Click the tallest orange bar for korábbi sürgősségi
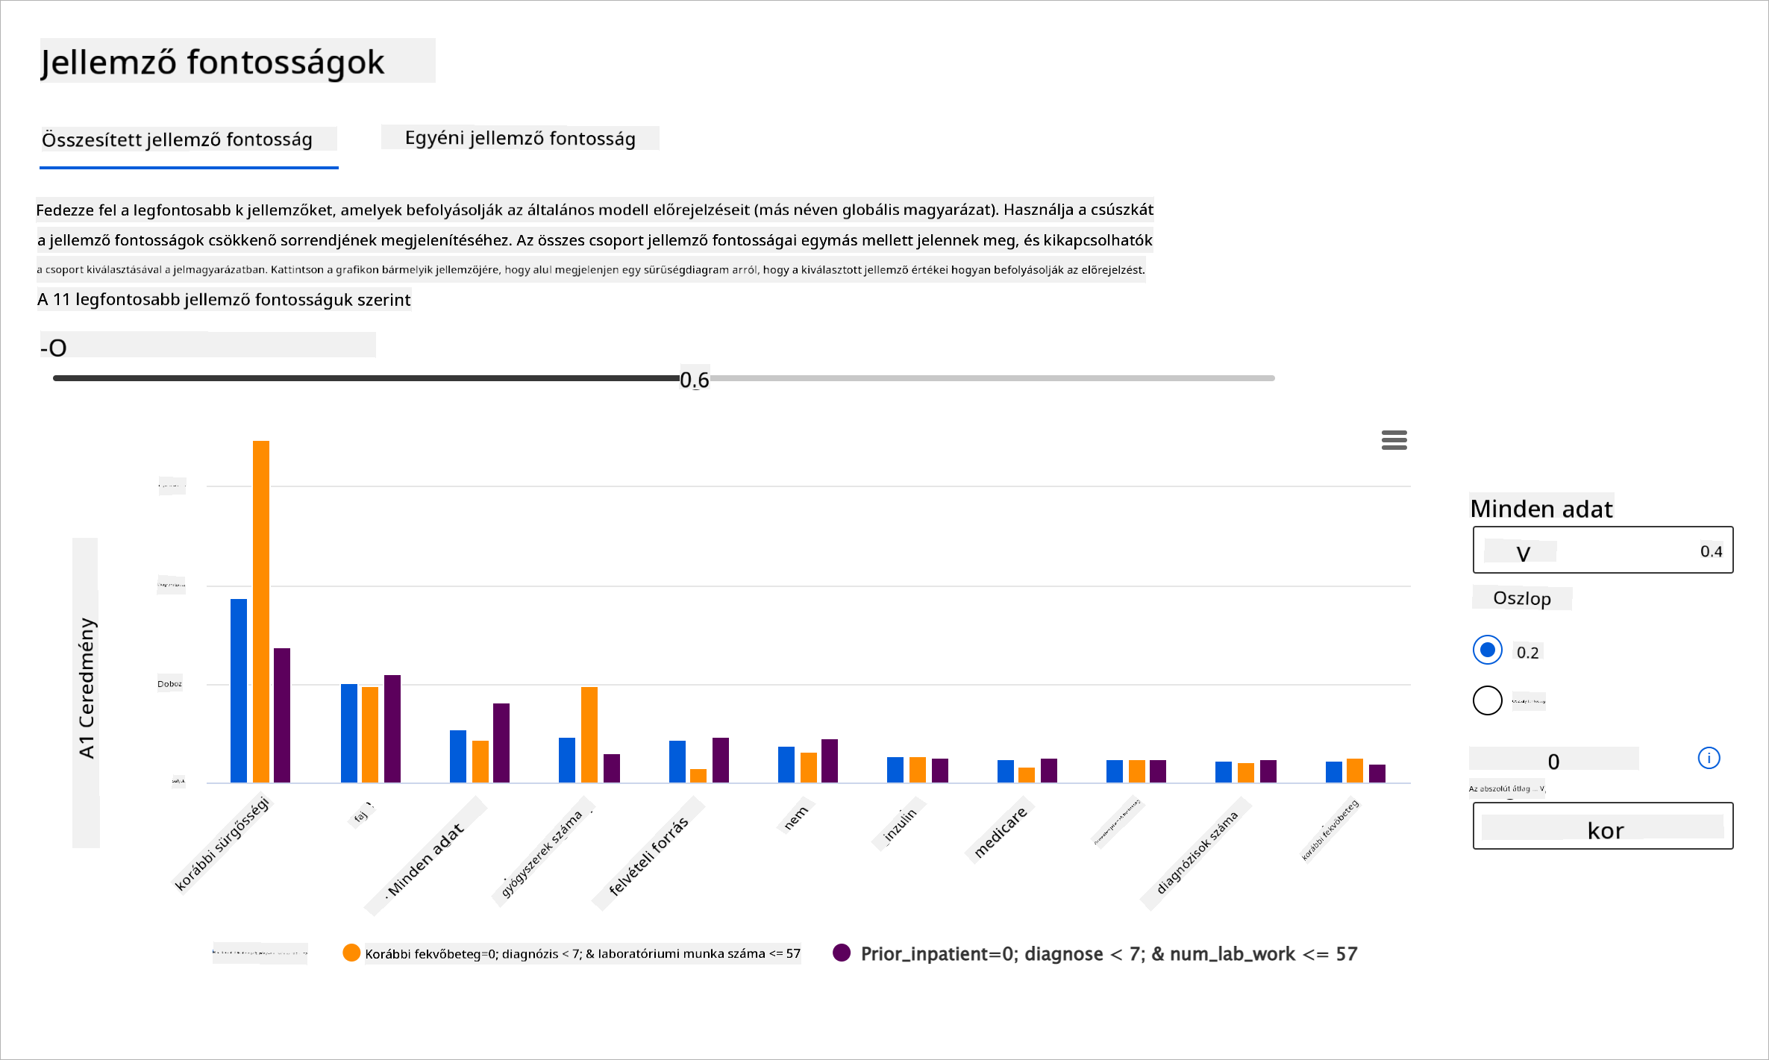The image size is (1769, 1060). (261, 612)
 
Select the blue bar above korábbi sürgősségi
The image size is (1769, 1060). (239, 690)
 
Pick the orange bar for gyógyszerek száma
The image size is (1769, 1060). (589, 734)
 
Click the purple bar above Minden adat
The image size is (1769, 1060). (501, 742)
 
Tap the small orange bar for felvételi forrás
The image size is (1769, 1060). (698, 776)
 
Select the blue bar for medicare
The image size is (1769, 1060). (1006, 771)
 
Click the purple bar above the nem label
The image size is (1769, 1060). (830, 761)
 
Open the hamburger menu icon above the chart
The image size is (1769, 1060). (1394, 440)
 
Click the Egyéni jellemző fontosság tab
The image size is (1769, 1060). (520, 139)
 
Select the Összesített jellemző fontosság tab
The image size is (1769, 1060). (178, 139)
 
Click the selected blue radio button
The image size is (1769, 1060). (1487, 650)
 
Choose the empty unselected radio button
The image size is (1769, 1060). (1487, 700)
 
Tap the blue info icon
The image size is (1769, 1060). (1709, 759)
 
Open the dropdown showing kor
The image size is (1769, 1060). (1603, 827)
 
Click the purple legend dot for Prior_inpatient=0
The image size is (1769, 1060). (842, 953)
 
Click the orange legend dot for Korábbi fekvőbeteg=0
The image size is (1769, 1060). (351, 953)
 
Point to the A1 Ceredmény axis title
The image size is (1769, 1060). (87, 689)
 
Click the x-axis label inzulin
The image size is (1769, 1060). (901, 825)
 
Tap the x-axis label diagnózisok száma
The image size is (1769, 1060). (1196, 852)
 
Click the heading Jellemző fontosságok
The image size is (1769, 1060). (213, 62)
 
